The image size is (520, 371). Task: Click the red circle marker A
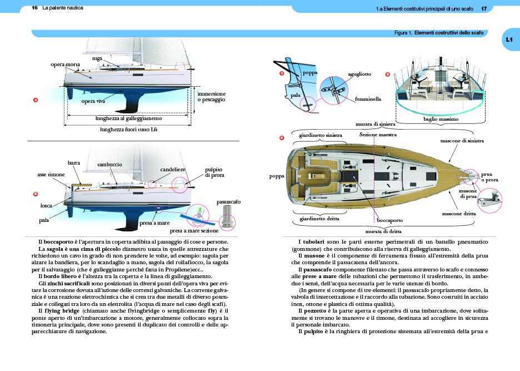click(x=36, y=100)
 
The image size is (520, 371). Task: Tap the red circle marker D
click(x=388, y=75)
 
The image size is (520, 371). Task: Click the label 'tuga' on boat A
click(x=97, y=58)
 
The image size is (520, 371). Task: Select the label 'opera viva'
click(x=93, y=101)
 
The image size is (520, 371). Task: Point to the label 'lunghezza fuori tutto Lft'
click(x=129, y=130)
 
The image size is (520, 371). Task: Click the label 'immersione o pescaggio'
click(x=212, y=97)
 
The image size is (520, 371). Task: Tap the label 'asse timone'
click(x=51, y=174)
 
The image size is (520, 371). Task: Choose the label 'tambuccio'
click(x=110, y=165)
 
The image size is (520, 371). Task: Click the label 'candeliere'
click(x=173, y=170)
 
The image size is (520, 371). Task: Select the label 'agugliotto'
click(x=359, y=74)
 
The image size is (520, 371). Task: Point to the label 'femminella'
click(x=368, y=98)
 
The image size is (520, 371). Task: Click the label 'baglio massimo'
click(x=441, y=119)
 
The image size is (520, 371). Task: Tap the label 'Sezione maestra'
click(x=378, y=135)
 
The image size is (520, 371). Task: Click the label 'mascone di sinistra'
click(x=462, y=141)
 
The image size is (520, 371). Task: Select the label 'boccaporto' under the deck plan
click(x=390, y=220)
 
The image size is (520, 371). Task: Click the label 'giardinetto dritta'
click(x=319, y=219)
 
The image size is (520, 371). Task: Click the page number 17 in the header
click(x=484, y=9)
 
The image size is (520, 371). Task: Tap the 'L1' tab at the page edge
click(x=509, y=39)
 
